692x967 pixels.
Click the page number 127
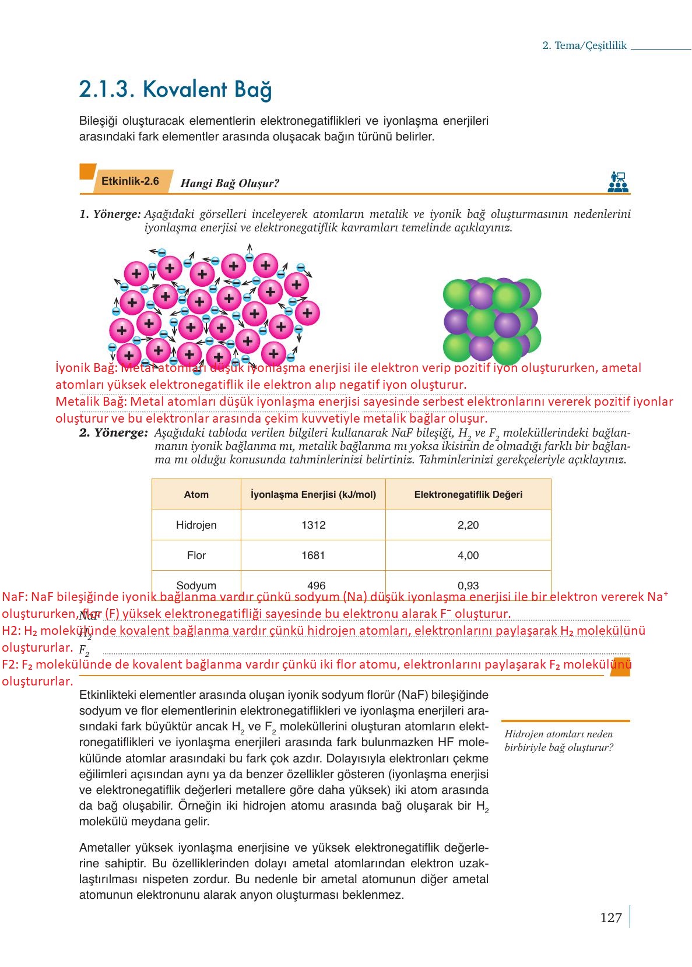tap(610, 917)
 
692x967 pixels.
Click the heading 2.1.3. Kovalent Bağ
tap(175, 89)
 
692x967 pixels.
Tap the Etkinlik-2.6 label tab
tap(130, 181)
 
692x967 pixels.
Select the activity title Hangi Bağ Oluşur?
tap(230, 183)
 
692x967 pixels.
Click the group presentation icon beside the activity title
tap(617, 181)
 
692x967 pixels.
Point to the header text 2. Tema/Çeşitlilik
tap(584, 45)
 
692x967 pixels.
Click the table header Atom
tap(196, 494)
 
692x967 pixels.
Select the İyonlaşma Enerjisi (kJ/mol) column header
tap(313, 494)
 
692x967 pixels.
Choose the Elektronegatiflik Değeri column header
tap(468, 494)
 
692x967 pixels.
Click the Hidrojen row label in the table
tap(196, 525)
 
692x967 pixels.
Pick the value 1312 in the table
tap(313, 525)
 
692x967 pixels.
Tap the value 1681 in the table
tap(313, 555)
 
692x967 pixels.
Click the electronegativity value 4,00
tap(468, 555)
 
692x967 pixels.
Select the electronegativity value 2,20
tap(468, 525)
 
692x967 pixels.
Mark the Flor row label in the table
tap(196, 555)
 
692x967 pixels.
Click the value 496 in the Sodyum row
tap(316, 585)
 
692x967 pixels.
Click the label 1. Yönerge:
tap(110, 214)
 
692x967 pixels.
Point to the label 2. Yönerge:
tap(114, 432)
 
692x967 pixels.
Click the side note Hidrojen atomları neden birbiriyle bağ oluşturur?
tap(558, 740)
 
